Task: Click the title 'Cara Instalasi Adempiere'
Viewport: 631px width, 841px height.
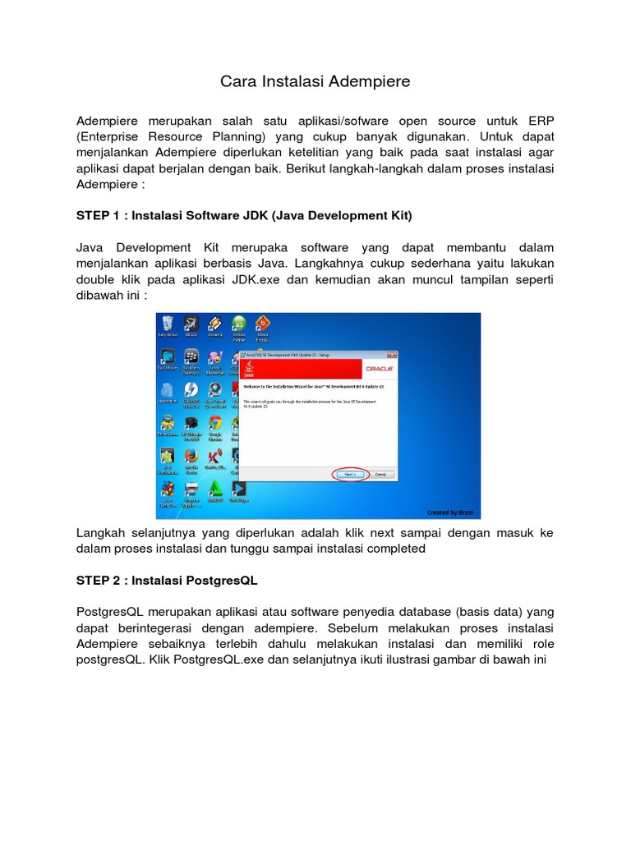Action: (315, 82)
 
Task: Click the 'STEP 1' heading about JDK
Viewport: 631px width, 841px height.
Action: (244, 215)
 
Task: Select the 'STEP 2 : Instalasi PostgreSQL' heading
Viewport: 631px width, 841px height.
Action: (167, 580)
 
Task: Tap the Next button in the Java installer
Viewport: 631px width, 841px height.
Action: (349, 474)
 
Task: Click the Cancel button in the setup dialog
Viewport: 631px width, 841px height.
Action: (380, 474)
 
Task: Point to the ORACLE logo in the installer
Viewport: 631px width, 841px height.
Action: (380, 369)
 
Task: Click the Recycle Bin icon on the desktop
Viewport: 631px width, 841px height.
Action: (168, 324)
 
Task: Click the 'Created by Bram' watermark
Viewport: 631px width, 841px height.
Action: (450, 512)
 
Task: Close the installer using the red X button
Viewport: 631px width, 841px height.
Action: (393, 354)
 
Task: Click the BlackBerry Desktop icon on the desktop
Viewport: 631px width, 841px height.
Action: (191, 357)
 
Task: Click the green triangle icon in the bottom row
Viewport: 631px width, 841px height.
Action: (215, 489)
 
